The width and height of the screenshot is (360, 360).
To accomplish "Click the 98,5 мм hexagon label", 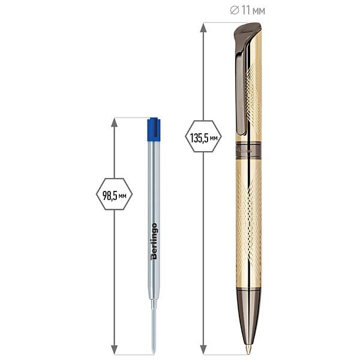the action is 114,194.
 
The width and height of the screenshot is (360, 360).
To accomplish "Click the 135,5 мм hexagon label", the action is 203,136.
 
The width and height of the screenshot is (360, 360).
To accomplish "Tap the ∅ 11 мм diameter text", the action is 247,10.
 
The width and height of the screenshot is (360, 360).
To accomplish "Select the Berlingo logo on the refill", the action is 154,241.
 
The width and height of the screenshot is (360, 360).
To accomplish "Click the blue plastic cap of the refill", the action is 154,129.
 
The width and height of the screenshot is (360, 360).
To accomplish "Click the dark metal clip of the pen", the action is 241,87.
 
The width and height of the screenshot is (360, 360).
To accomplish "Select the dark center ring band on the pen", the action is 248,151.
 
